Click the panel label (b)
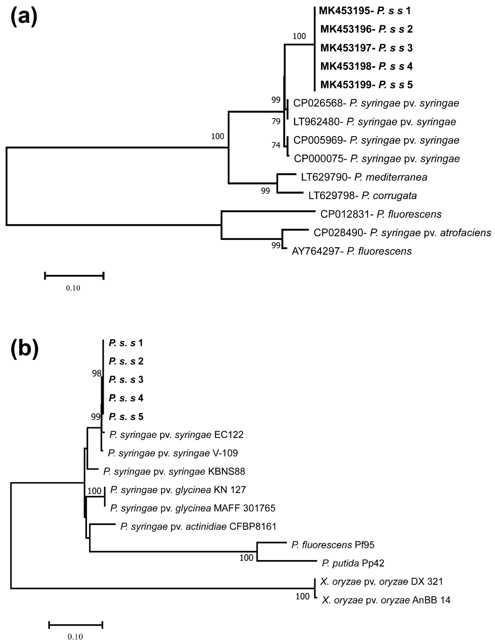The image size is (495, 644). pos(25,348)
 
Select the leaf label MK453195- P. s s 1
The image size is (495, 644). pos(365,11)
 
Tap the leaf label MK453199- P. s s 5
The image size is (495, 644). pos(367,85)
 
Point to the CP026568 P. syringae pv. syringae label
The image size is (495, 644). pos(376,103)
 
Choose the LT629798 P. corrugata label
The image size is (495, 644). pos(362,196)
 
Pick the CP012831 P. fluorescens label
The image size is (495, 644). pos(381,214)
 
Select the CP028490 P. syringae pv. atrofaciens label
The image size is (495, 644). pos(402,233)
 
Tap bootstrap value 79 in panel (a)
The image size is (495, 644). pos(276,121)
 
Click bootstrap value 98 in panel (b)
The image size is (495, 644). pos(97,373)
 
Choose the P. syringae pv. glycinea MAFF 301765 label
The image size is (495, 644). pos(193,508)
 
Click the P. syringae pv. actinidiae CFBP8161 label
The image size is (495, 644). pos(198,526)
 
